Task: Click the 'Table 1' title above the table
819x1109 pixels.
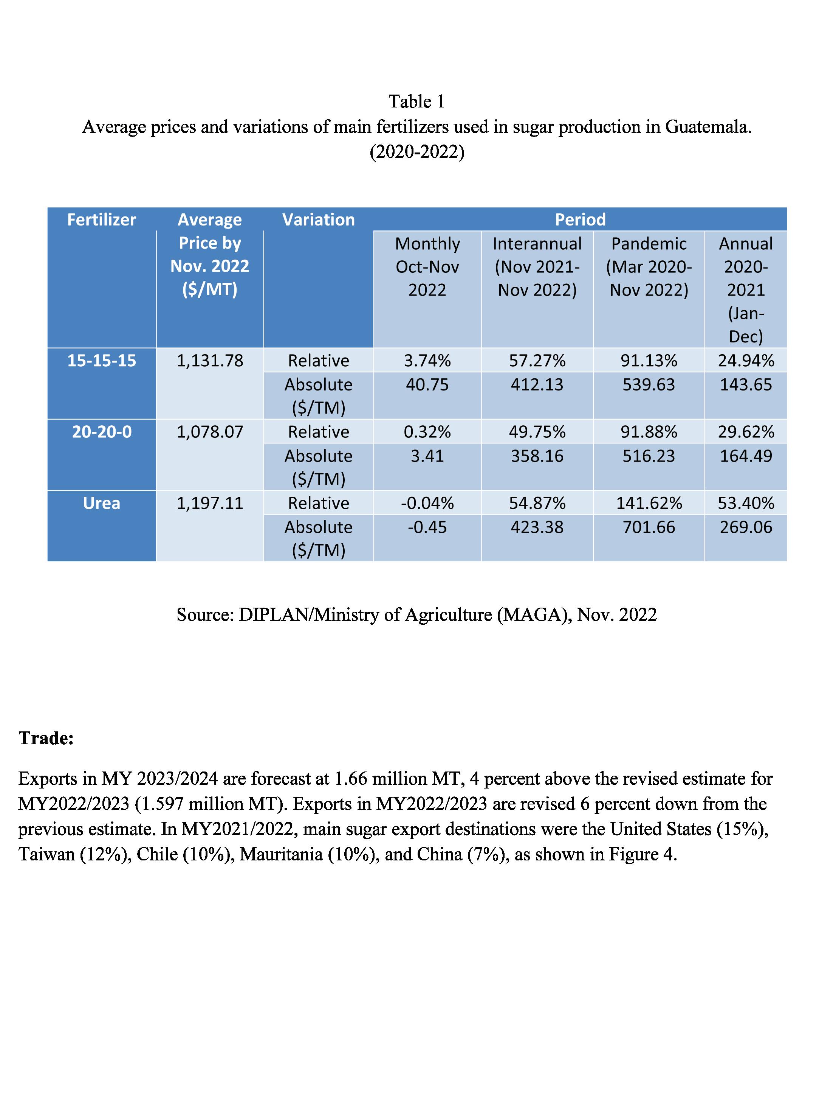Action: click(416, 101)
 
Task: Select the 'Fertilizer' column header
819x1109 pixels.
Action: click(101, 219)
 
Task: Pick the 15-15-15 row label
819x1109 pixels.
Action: click(101, 360)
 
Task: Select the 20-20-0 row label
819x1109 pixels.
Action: click(101, 432)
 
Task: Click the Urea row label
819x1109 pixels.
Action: click(101, 503)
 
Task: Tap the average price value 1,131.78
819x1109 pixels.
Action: click(210, 360)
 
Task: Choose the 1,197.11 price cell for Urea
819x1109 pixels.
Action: click(210, 503)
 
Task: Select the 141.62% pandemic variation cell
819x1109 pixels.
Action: click(649, 503)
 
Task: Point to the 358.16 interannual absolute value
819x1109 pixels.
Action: click(537, 456)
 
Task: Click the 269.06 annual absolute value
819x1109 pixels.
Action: click(746, 527)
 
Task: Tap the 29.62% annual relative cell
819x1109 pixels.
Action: click(746, 432)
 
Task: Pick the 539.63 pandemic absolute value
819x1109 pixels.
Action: click(649, 384)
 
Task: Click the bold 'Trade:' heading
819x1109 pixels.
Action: click(46, 738)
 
